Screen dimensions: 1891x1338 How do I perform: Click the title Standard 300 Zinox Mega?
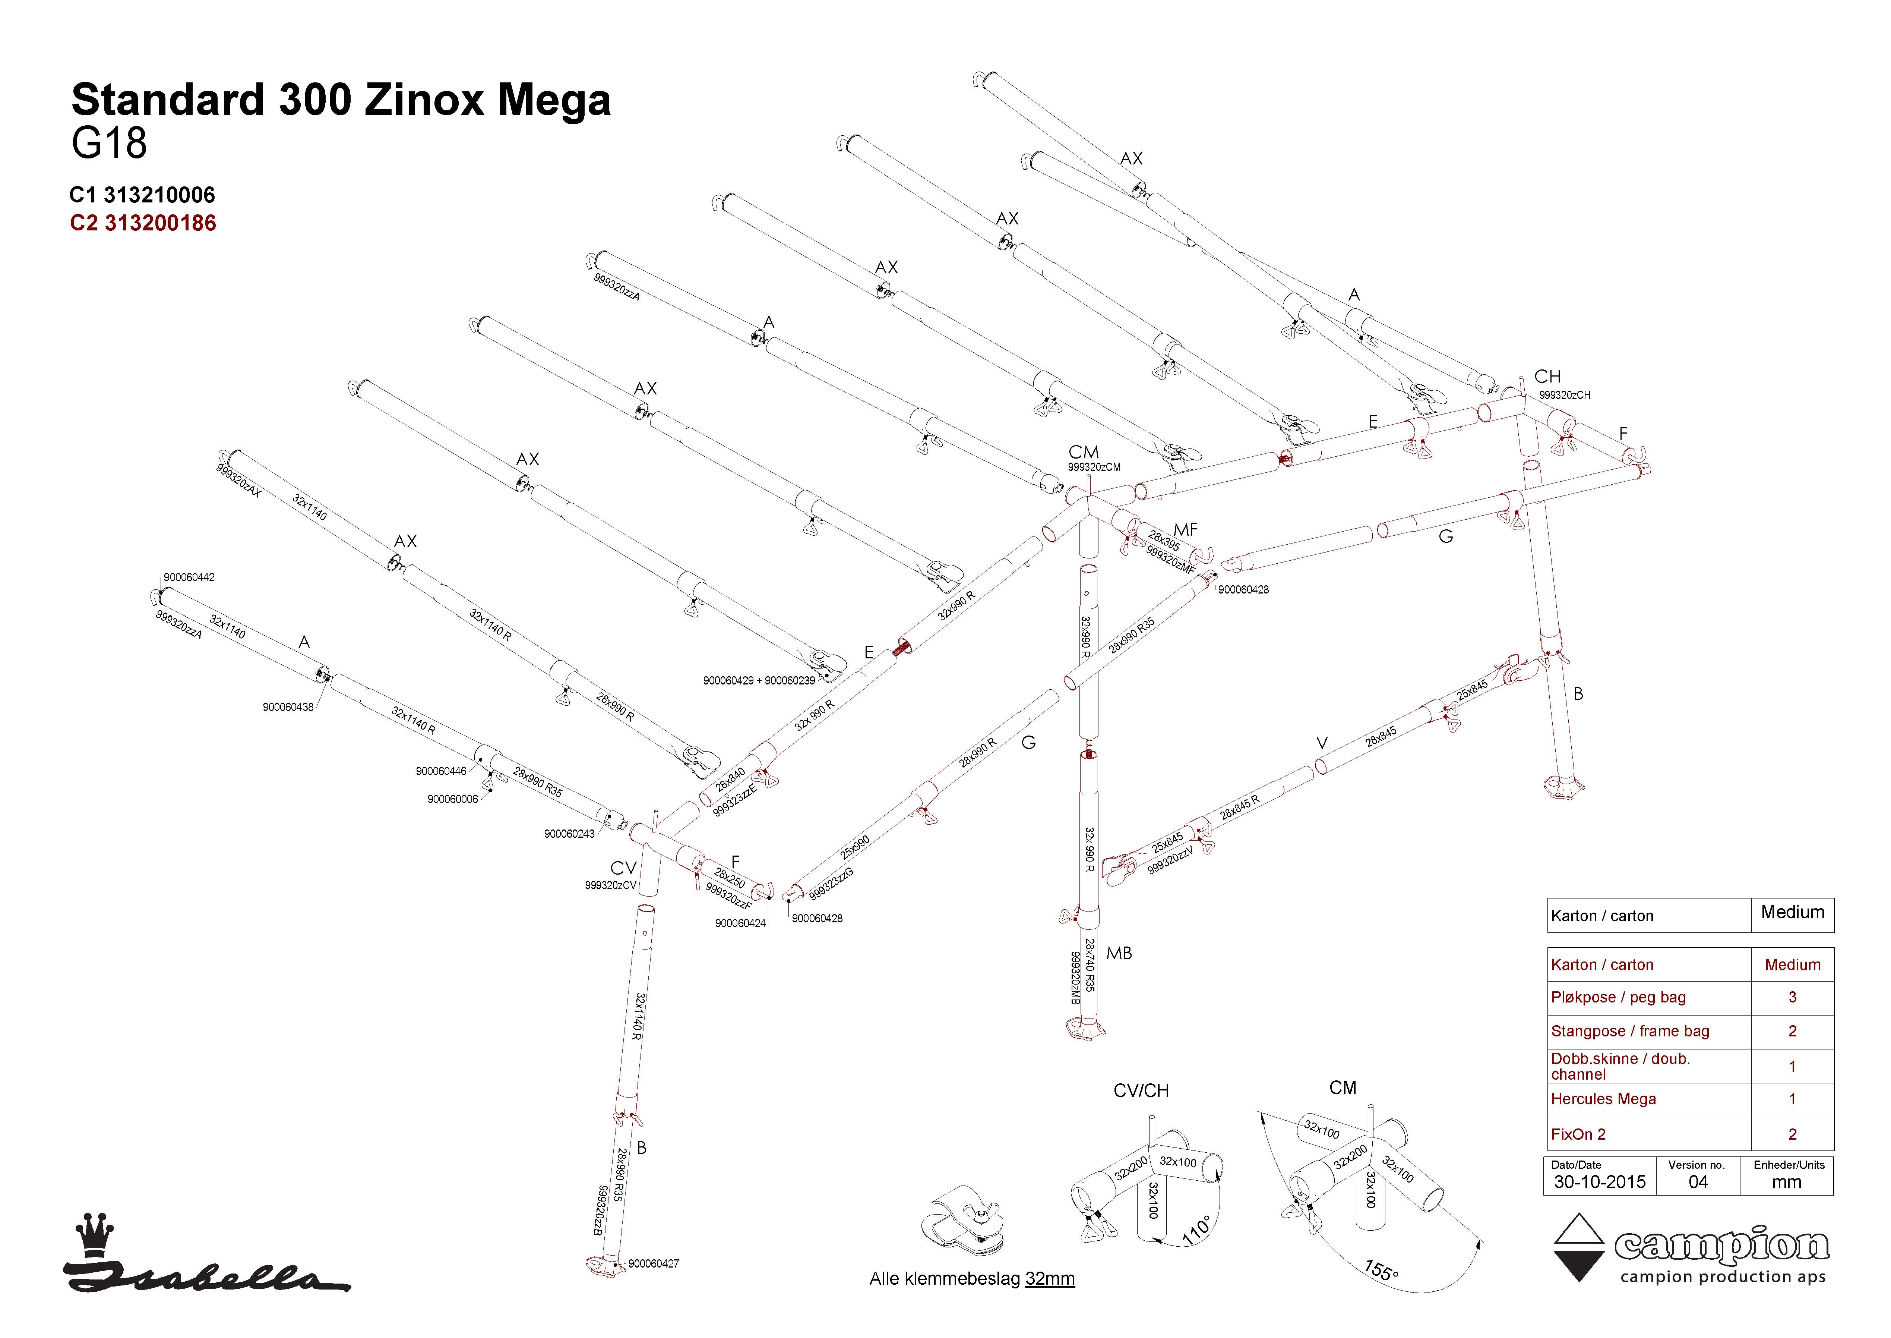(x=341, y=101)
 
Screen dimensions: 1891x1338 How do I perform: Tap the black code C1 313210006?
(x=142, y=195)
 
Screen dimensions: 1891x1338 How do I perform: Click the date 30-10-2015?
(x=1600, y=1182)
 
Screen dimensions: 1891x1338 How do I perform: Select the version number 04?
(x=1698, y=1182)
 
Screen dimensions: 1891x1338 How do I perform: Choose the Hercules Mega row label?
(x=1603, y=1099)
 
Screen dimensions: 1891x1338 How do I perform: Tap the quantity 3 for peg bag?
(x=1792, y=997)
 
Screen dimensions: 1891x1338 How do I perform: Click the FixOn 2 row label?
(x=1578, y=1134)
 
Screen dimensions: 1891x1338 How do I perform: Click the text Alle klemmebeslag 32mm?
(x=972, y=1279)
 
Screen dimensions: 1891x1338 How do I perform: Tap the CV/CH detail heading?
(x=1141, y=1091)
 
